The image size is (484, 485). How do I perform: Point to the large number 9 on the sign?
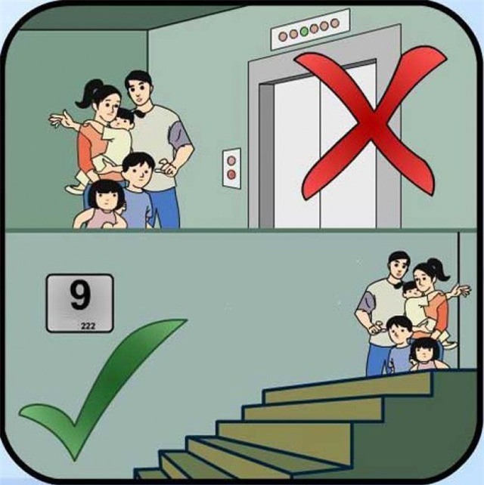(x=79, y=296)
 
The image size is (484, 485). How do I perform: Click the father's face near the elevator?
(x=140, y=91)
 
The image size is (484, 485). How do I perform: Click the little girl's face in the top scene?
(x=109, y=198)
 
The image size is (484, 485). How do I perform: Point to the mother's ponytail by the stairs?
(x=436, y=267)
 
